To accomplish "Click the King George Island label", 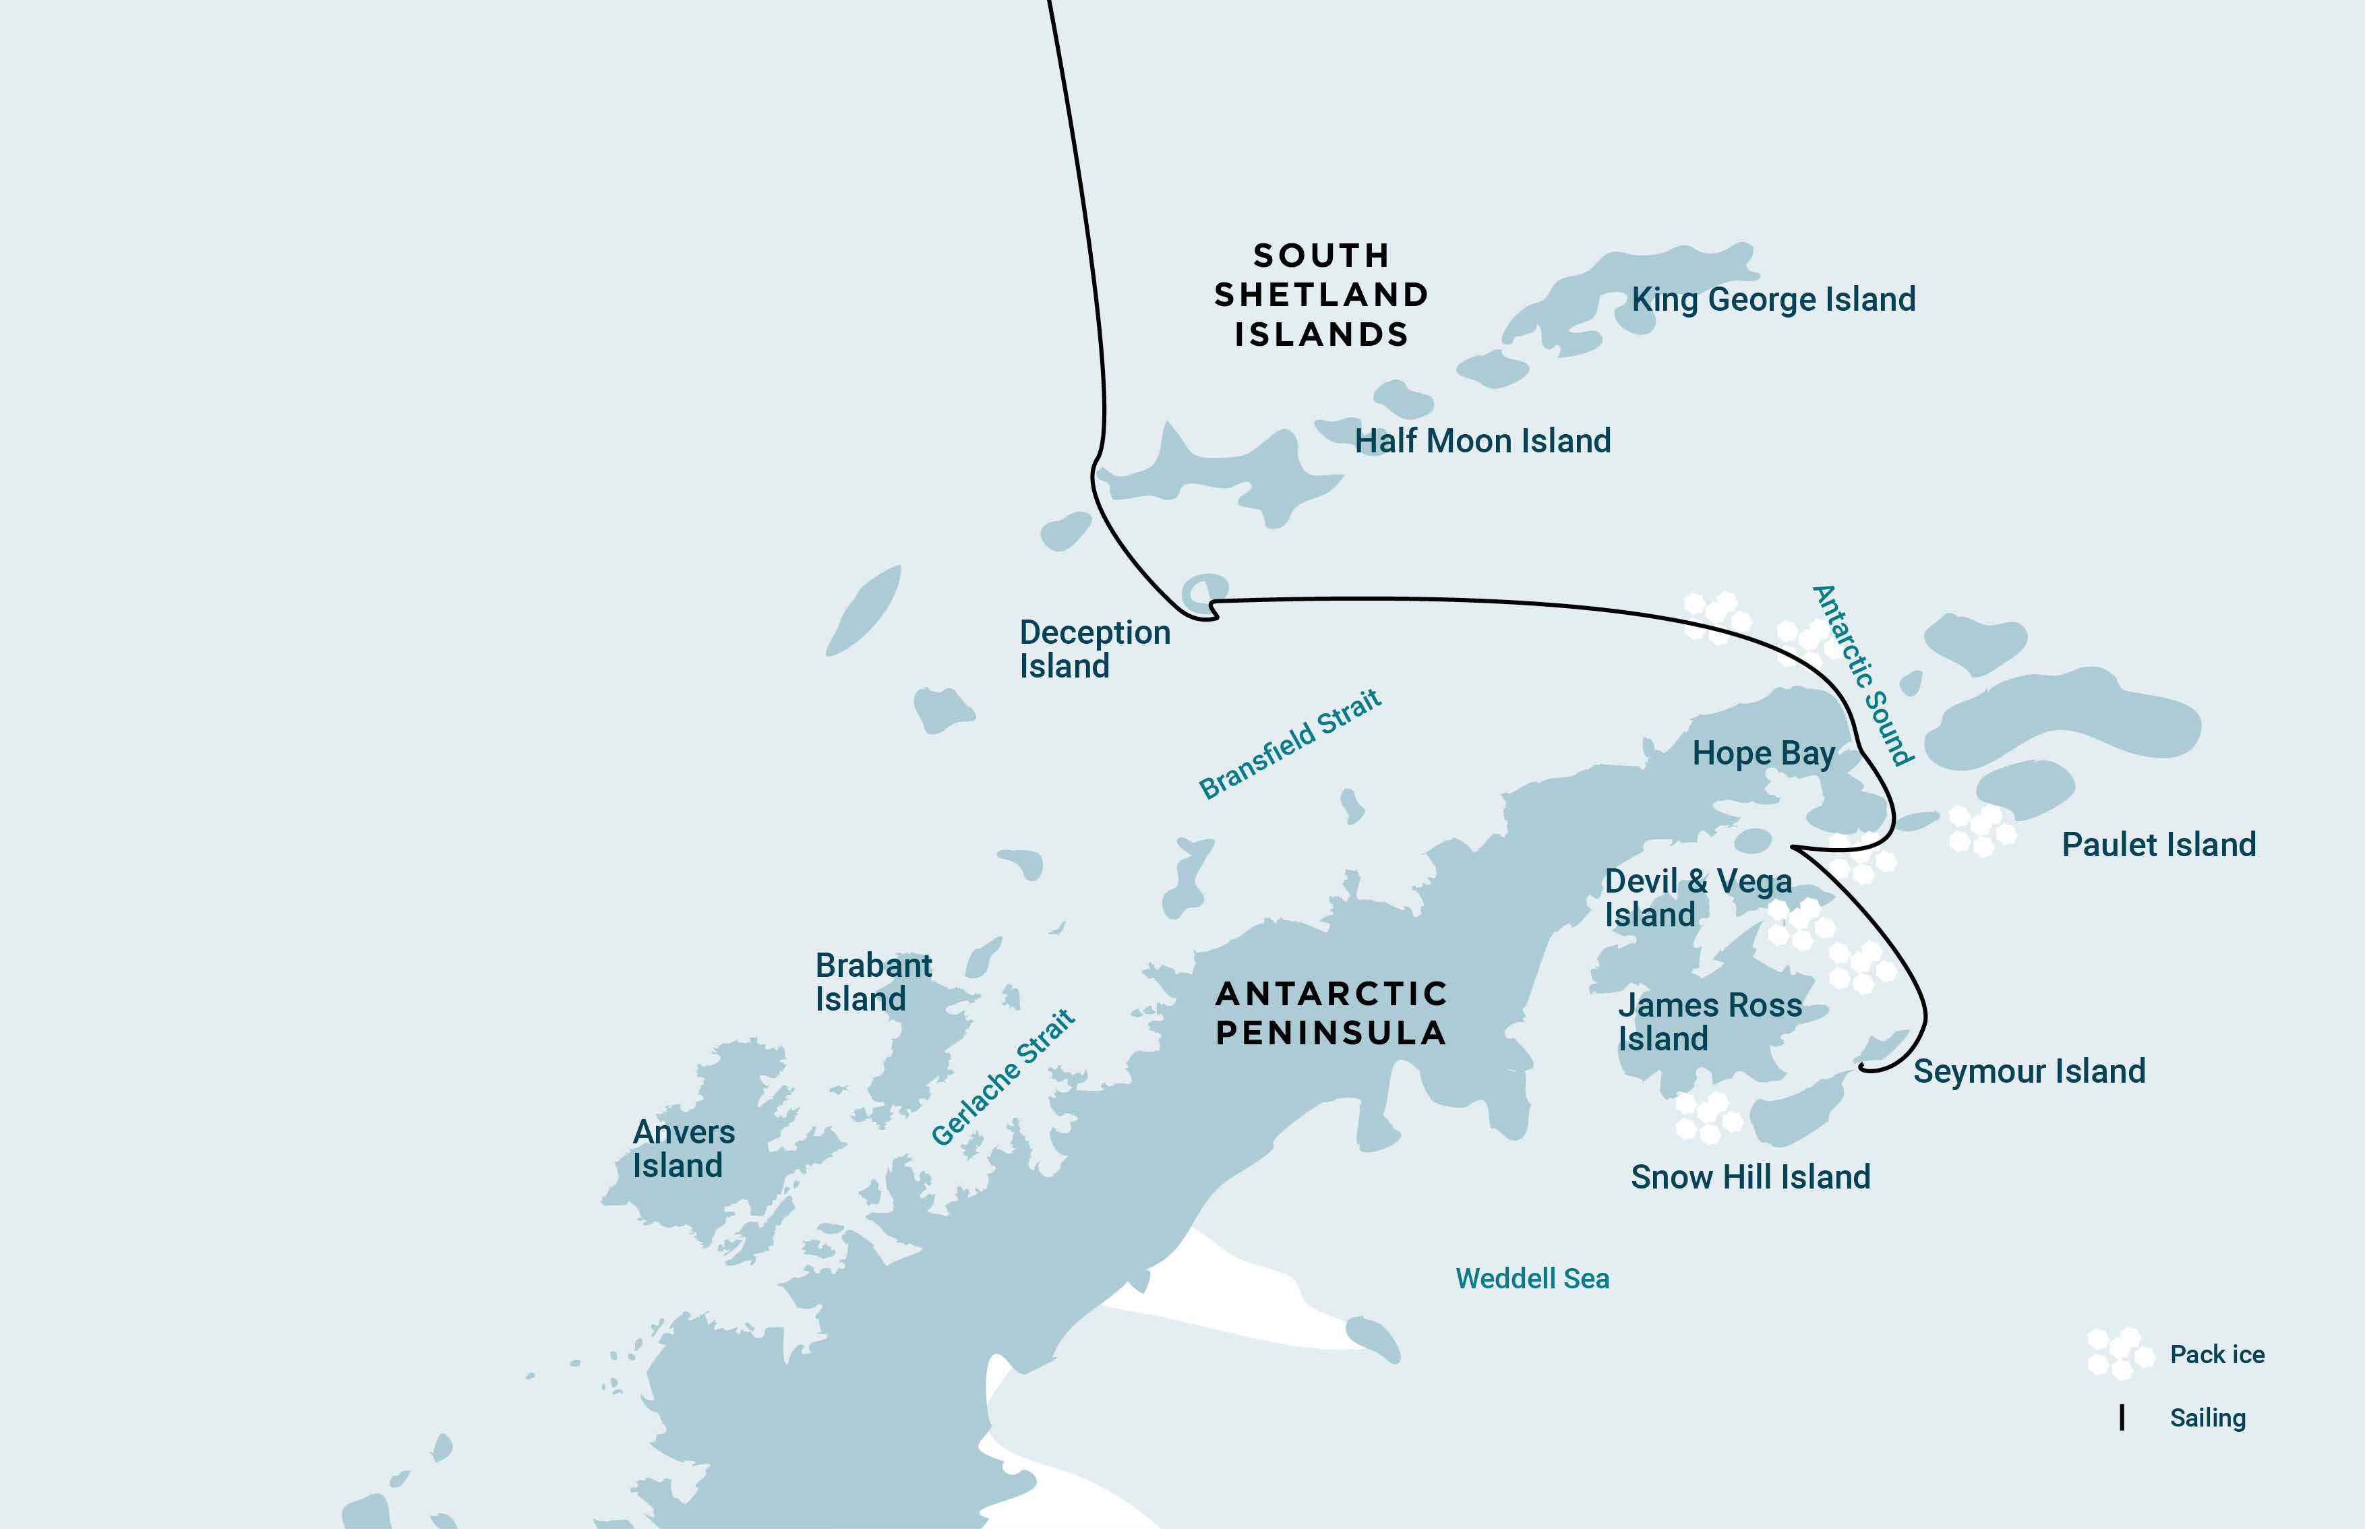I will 1773,300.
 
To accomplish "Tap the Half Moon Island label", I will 1483,441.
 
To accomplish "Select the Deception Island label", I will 1094,649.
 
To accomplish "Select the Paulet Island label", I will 2159,845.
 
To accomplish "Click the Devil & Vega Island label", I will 1698,897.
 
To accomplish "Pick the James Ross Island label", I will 1710,1021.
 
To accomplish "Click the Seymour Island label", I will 2029,1071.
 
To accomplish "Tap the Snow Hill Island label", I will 1750,1178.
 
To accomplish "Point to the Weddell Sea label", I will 1532,1279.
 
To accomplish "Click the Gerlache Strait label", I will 1002,1077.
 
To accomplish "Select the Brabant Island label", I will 873,982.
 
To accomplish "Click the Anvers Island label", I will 683,1149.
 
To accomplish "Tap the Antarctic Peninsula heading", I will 1330,1013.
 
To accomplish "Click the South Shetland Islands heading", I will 1321,295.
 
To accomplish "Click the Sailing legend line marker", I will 2122,1418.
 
